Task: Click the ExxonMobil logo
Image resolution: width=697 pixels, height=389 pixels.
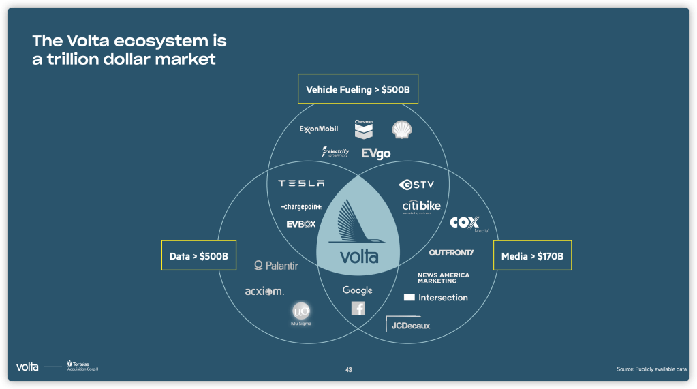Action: (x=318, y=129)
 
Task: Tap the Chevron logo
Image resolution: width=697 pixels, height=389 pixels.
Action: (x=364, y=128)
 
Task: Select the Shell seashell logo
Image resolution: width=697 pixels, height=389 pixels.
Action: (x=401, y=129)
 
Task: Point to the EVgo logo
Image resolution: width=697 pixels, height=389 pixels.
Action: (x=376, y=153)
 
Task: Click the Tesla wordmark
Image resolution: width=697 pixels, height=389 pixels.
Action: (x=301, y=183)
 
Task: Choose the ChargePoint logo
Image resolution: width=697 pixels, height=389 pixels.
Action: (x=300, y=206)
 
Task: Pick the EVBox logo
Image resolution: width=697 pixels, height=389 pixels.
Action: (x=301, y=223)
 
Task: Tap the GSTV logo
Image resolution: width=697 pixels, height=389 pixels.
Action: (x=416, y=185)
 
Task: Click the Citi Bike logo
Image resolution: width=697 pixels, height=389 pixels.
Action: (x=421, y=206)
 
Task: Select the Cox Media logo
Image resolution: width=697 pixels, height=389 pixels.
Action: (x=465, y=223)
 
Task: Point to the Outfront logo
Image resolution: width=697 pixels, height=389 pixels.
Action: (x=451, y=253)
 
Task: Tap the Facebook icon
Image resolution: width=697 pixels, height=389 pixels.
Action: (x=358, y=309)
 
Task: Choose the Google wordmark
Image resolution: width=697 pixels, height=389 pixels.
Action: (x=358, y=290)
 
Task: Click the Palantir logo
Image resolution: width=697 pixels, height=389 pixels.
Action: (x=276, y=266)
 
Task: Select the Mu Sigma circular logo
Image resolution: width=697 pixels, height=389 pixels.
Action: (x=300, y=313)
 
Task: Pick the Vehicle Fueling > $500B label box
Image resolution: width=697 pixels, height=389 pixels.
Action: (x=358, y=89)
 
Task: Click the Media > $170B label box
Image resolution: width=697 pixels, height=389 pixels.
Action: (x=532, y=256)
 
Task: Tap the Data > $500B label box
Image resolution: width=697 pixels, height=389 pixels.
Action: (x=198, y=256)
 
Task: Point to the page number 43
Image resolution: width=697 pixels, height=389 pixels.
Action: (x=348, y=370)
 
